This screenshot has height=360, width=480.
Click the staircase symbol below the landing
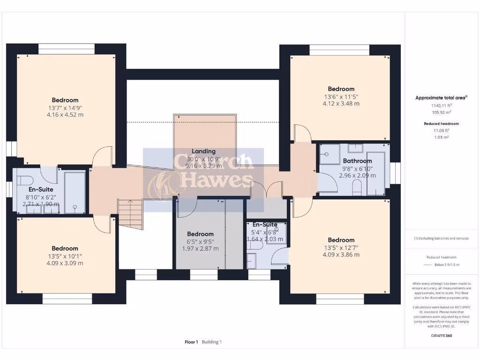coord(130,214)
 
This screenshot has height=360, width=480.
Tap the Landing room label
coord(203,151)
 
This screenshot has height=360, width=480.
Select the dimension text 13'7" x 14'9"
coord(65,107)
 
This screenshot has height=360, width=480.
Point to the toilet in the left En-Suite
coord(24,181)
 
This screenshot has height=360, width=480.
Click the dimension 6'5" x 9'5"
coord(200,241)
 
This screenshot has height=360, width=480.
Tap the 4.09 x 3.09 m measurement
coord(65,263)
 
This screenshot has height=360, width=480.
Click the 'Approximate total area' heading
coord(441,98)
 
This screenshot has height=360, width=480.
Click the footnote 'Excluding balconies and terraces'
coord(441,239)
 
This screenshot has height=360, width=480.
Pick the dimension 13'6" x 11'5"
coord(341,97)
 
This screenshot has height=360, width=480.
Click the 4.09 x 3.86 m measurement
coord(341,255)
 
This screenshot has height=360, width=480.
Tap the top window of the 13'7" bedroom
coord(66,48)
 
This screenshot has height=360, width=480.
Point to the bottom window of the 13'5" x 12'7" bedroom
coord(340,299)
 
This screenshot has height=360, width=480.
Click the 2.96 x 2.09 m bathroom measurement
coord(357,176)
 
